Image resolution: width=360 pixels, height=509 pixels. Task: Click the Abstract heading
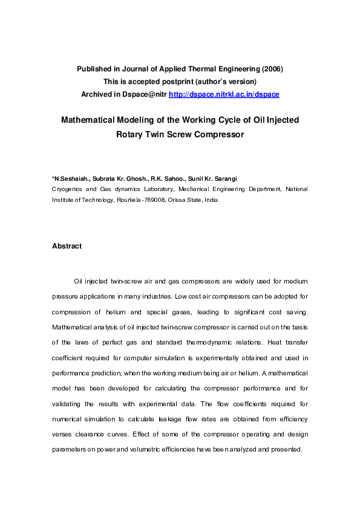(x=67, y=246)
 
